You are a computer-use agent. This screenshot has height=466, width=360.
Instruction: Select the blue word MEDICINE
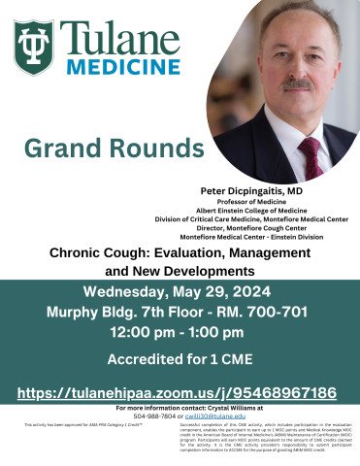(120, 67)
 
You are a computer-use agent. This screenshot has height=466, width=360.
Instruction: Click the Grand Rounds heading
(92, 149)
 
